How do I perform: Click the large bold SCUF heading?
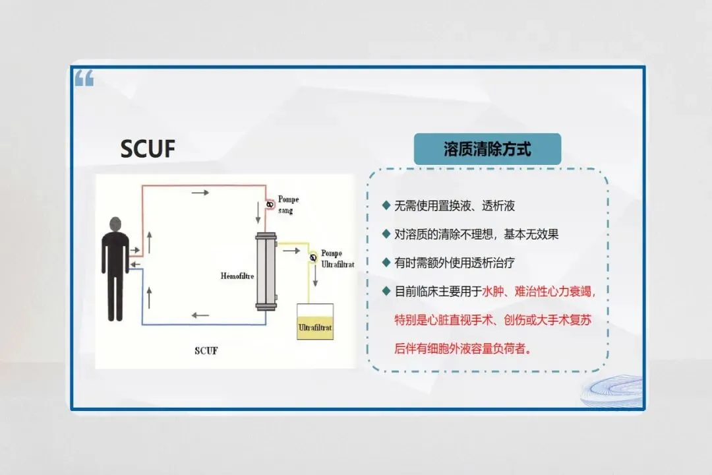[148, 149]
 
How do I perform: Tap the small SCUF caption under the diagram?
[206, 350]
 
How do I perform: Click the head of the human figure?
[115, 224]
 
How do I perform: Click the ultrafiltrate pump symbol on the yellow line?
[314, 257]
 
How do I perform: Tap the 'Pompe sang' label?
[289, 205]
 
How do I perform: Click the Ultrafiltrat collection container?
[315, 321]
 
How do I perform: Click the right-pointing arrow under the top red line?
[201, 193]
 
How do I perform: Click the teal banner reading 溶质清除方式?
[487, 149]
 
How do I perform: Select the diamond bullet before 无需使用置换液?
[386, 205]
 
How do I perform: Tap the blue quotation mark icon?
[84, 79]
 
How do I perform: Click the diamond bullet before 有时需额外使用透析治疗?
[386, 262]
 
